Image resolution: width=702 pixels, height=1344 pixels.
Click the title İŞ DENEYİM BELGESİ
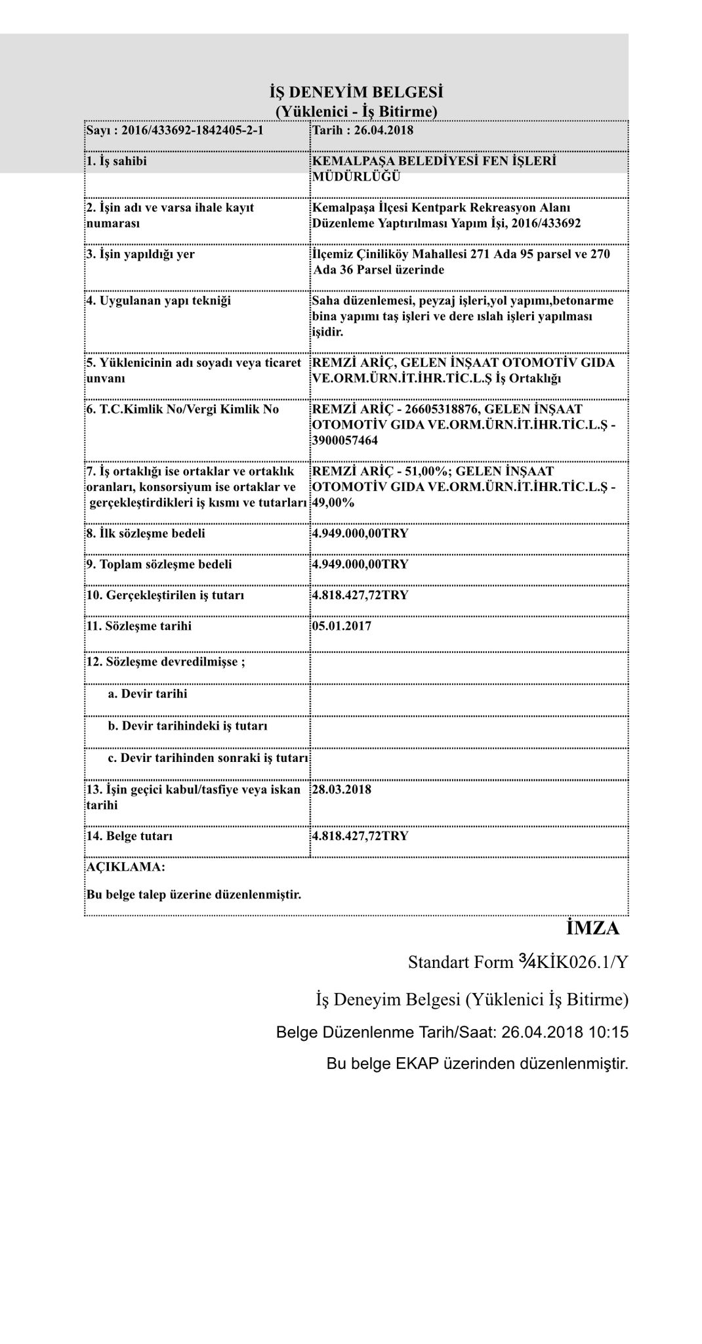pyautogui.click(x=356, y=91)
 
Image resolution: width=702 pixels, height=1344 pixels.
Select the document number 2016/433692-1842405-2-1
pyautogui.click(x=192, y=130)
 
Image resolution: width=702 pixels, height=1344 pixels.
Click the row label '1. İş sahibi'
pyautogui.click(x=117, y=161)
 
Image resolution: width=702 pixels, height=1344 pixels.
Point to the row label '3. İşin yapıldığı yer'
pyautogui.click(x=140, y=254)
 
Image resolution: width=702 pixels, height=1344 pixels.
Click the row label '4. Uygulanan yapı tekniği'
pyautogui.click(x=159, y=301)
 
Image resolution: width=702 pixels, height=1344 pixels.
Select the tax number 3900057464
pyautogui.click(x=345, y=440)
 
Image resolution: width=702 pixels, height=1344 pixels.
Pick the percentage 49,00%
pyautogui.click(x=333, y=503)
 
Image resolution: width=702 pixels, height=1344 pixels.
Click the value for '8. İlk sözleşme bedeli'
pyautogui.click(x=360, y=533)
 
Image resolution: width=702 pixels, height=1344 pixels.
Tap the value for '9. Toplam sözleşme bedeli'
pyautogui.click(x=360, y=564)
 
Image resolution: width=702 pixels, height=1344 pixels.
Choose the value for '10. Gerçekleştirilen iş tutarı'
pyautogui.click(x=360, y=595)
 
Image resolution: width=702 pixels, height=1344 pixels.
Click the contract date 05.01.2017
pyautogui.click(x=342, y=626)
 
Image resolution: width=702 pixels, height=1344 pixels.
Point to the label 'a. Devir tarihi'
pyautogui.click(x=148, y=694)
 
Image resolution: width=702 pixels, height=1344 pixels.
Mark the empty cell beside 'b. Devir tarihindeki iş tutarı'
pyautogui.click(x=468, y=726)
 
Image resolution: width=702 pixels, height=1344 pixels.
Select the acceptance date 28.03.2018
pyautogui.click(x=342, y=789)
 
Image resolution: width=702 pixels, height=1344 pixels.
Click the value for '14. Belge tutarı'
pyautogui.click(x=360, y=836)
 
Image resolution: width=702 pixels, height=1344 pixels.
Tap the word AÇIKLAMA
pyautogui.click(x=125, y=867)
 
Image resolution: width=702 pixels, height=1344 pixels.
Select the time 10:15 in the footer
pyautogui.click(x=608, y=1032)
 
